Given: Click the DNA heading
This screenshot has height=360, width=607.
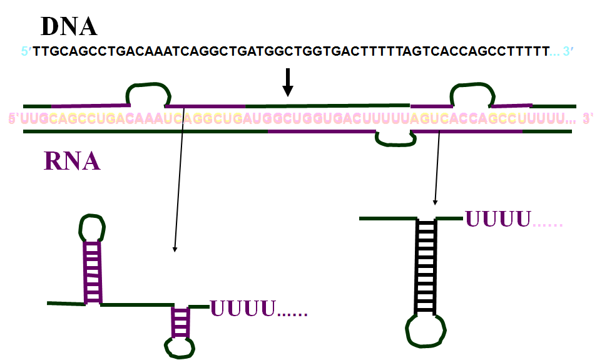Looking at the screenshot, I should (69, 26).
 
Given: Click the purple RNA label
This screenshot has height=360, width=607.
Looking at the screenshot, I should (72, 161).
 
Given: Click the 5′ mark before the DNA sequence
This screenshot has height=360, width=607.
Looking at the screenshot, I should (26, 51).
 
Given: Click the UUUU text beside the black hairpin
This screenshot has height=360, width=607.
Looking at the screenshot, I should (497, 219).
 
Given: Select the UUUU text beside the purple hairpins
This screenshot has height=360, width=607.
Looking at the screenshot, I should (243, 308).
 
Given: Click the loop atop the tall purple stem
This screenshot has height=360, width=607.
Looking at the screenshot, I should (92, 228).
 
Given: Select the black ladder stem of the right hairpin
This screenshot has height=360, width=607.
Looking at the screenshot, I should (426, 266).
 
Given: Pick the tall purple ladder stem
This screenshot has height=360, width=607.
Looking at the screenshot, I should (93, 272).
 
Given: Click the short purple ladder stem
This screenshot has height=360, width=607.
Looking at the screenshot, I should (180, 321).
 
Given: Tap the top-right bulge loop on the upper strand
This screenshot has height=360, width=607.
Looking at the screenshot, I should (472, 93).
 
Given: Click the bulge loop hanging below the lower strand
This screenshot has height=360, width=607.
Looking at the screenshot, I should (395, 139).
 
